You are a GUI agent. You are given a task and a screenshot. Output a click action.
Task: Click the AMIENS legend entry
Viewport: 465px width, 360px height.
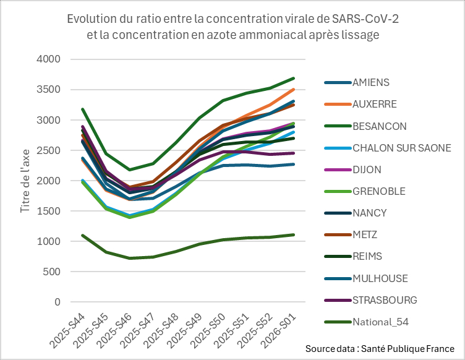pos(370,82)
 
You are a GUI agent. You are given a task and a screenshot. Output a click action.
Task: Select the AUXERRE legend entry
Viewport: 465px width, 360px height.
pos(374,104)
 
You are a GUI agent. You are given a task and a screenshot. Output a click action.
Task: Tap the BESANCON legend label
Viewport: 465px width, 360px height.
pos(379,126)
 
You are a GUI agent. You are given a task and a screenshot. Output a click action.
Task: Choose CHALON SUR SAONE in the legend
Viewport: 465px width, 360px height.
pos(401,148)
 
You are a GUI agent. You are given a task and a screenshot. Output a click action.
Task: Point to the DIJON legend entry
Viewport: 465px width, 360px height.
pos(368,169)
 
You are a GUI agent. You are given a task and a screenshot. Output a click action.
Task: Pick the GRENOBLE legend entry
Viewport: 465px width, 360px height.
pos(378,191)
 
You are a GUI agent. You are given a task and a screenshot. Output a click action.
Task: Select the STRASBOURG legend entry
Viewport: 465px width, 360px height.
pos(384,300)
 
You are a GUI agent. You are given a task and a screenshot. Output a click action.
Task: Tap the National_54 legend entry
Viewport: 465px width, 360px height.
pos(380,322)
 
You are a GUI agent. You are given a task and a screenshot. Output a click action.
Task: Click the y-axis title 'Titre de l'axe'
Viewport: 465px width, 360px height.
pos(25,181)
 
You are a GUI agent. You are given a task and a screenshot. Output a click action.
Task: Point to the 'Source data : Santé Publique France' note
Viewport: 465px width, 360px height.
pos(380,349)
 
